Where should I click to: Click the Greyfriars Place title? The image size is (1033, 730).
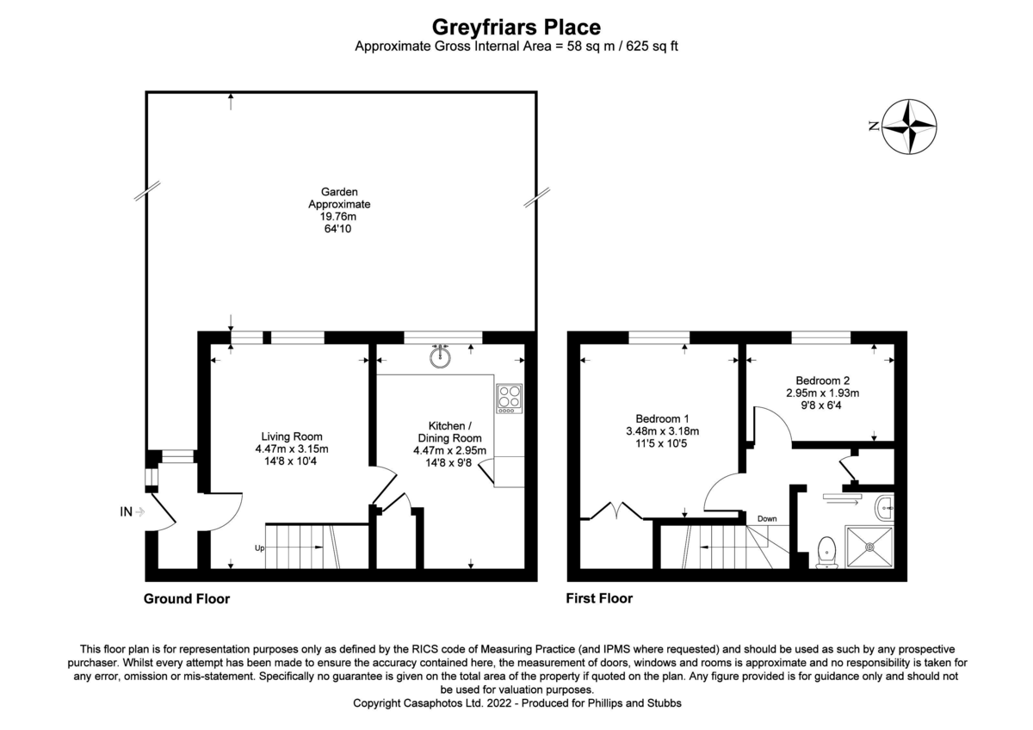tap(516, 28)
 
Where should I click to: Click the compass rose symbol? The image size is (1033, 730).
tap(910, 127)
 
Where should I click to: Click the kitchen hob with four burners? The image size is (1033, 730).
tap(509, 398)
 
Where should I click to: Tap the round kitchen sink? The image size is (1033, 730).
tap(442, 356)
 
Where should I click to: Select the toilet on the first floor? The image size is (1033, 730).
tap(827, 551)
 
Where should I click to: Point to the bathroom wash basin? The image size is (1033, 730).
tap(886, 509)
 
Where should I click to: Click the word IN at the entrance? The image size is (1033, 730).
tap(127, 512)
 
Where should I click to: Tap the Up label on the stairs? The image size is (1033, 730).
tap(258, 547)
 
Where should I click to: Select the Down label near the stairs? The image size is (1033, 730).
tap(766, 518)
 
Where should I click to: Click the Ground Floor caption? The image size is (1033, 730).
tap(187, 598)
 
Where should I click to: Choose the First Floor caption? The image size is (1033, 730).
tap(598, 598)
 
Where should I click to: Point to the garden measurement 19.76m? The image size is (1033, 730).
tap(338, 217)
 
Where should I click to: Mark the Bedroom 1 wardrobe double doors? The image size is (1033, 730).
tap(617, 511)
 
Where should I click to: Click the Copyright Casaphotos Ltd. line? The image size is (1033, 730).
tap(516, 703)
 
